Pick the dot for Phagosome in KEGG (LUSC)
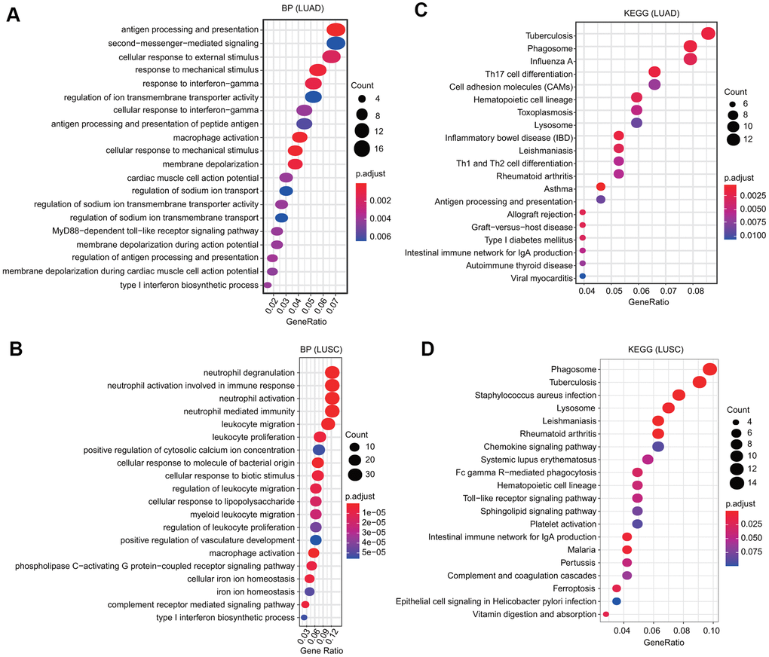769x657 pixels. point(709,368)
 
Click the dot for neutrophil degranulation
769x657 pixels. point(332,372)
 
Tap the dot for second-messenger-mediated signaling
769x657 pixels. point(336,44)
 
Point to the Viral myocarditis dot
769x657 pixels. point(583,277)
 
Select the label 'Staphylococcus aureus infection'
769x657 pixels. point(536,395)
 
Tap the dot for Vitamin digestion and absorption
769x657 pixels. point(605,615)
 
